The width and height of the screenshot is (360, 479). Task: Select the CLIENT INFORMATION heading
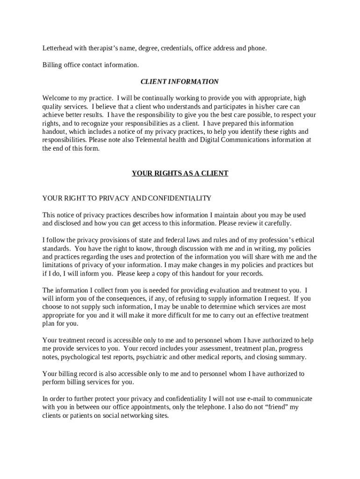(x=180, y=81)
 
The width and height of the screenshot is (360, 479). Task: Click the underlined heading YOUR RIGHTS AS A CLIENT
(x=180, y=173)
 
